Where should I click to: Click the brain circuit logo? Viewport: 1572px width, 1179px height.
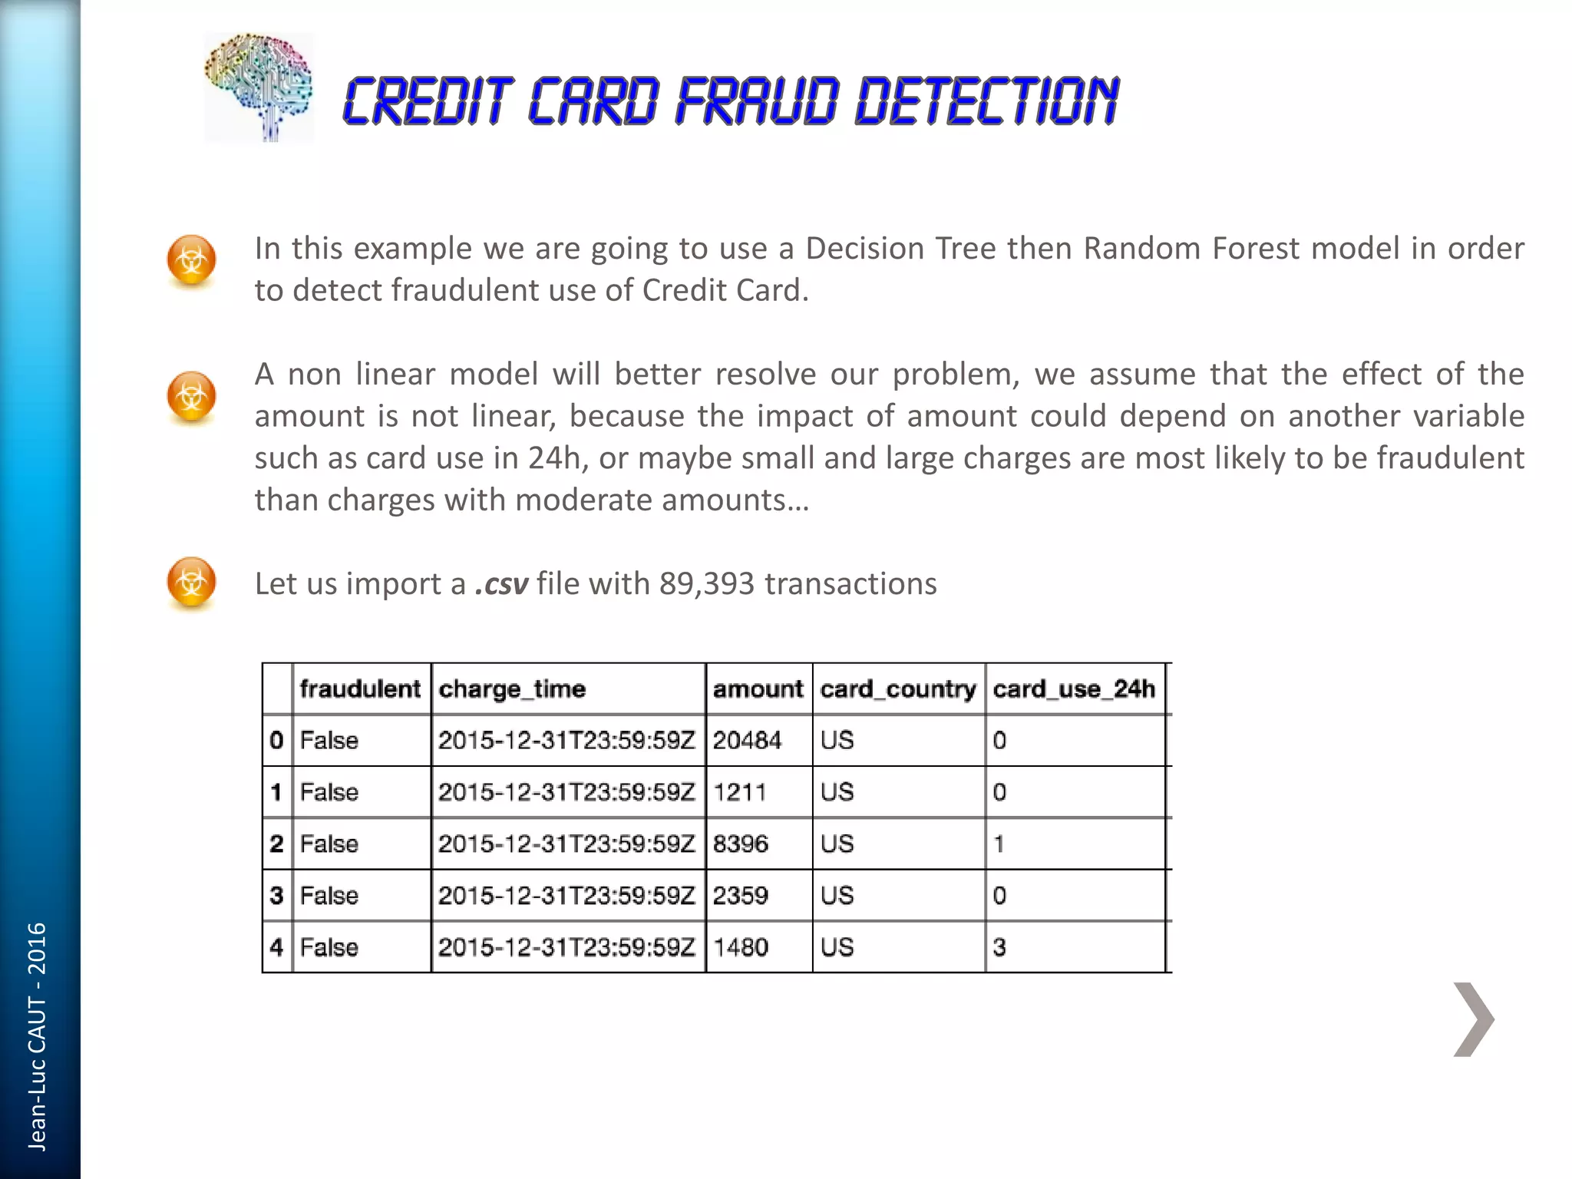click(x=259, y=87)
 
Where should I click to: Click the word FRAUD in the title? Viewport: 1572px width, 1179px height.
click(x=755, y=102)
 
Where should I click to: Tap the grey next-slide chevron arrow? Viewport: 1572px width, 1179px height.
click(x=1473, y=1019)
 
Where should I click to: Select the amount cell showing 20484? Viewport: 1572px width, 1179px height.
click(x=747, y=741)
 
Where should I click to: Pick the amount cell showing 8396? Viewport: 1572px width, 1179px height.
click(x=741, y=844)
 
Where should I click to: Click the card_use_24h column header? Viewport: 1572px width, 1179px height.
click(x=1074, y=689)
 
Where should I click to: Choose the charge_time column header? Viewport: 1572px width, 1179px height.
click(x=512, y=689)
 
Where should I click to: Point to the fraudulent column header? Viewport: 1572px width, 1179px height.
click(x=360, y=689)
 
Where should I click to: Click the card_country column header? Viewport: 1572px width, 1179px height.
click(x=898, y=689)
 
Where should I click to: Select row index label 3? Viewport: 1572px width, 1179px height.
click(x=277, y=896)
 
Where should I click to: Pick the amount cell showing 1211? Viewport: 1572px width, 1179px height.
click(x=740, y=792)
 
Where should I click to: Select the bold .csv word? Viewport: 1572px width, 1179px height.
click(x=501, y=584)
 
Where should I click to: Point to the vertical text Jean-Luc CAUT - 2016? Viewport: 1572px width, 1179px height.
click(x=37, y=1036)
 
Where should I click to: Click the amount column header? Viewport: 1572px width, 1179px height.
click(x=758, y=689)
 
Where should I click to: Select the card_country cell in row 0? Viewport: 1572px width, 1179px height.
click(x=837, y=741)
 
